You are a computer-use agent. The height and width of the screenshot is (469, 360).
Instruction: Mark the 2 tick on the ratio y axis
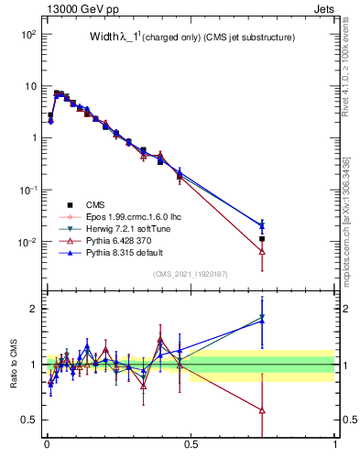coord(35,309)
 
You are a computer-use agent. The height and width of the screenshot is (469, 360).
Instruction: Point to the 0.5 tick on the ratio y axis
coord(30,420)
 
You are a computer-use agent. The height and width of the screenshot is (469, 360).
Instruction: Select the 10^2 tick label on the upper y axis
coord(27,34)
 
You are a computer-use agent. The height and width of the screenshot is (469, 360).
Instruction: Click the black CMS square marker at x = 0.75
coord(263,239)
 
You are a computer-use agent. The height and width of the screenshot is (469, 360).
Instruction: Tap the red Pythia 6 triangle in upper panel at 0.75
coord(263,251)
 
